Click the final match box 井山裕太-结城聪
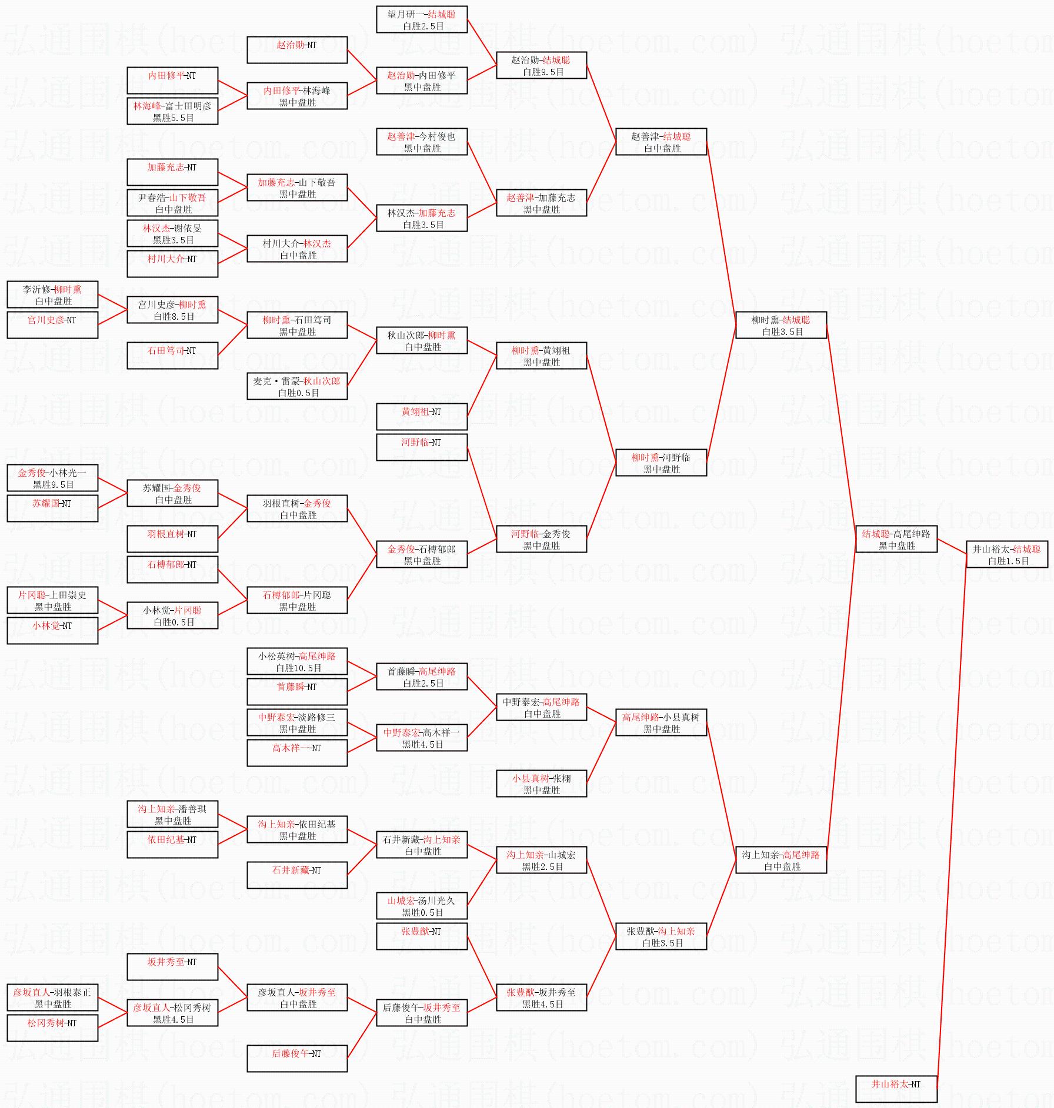click(1006, 554)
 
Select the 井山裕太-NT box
click(896, 1089)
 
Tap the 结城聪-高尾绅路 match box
click(896, 539)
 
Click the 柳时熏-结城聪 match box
click(781, 325)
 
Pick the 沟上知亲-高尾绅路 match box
click(781, 860)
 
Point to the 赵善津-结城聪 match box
click(661, 142)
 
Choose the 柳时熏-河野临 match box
click(661, 463)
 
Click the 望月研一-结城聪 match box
click(421, 19)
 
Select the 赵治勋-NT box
click(296, 50)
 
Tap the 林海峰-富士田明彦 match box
click(172, 111)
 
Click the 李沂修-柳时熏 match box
click(52, 294)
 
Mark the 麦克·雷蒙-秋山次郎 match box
click(296, 386)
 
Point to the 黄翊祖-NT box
click(421, 417)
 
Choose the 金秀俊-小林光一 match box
click(52, 478)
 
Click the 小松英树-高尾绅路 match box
click(296, 661)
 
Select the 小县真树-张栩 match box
click(541, 784)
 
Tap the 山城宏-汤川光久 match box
click(421, 906)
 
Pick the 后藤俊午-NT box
click(296, 1059)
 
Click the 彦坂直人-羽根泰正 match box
click(52, 997)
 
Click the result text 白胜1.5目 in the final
click(1008, 561)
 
